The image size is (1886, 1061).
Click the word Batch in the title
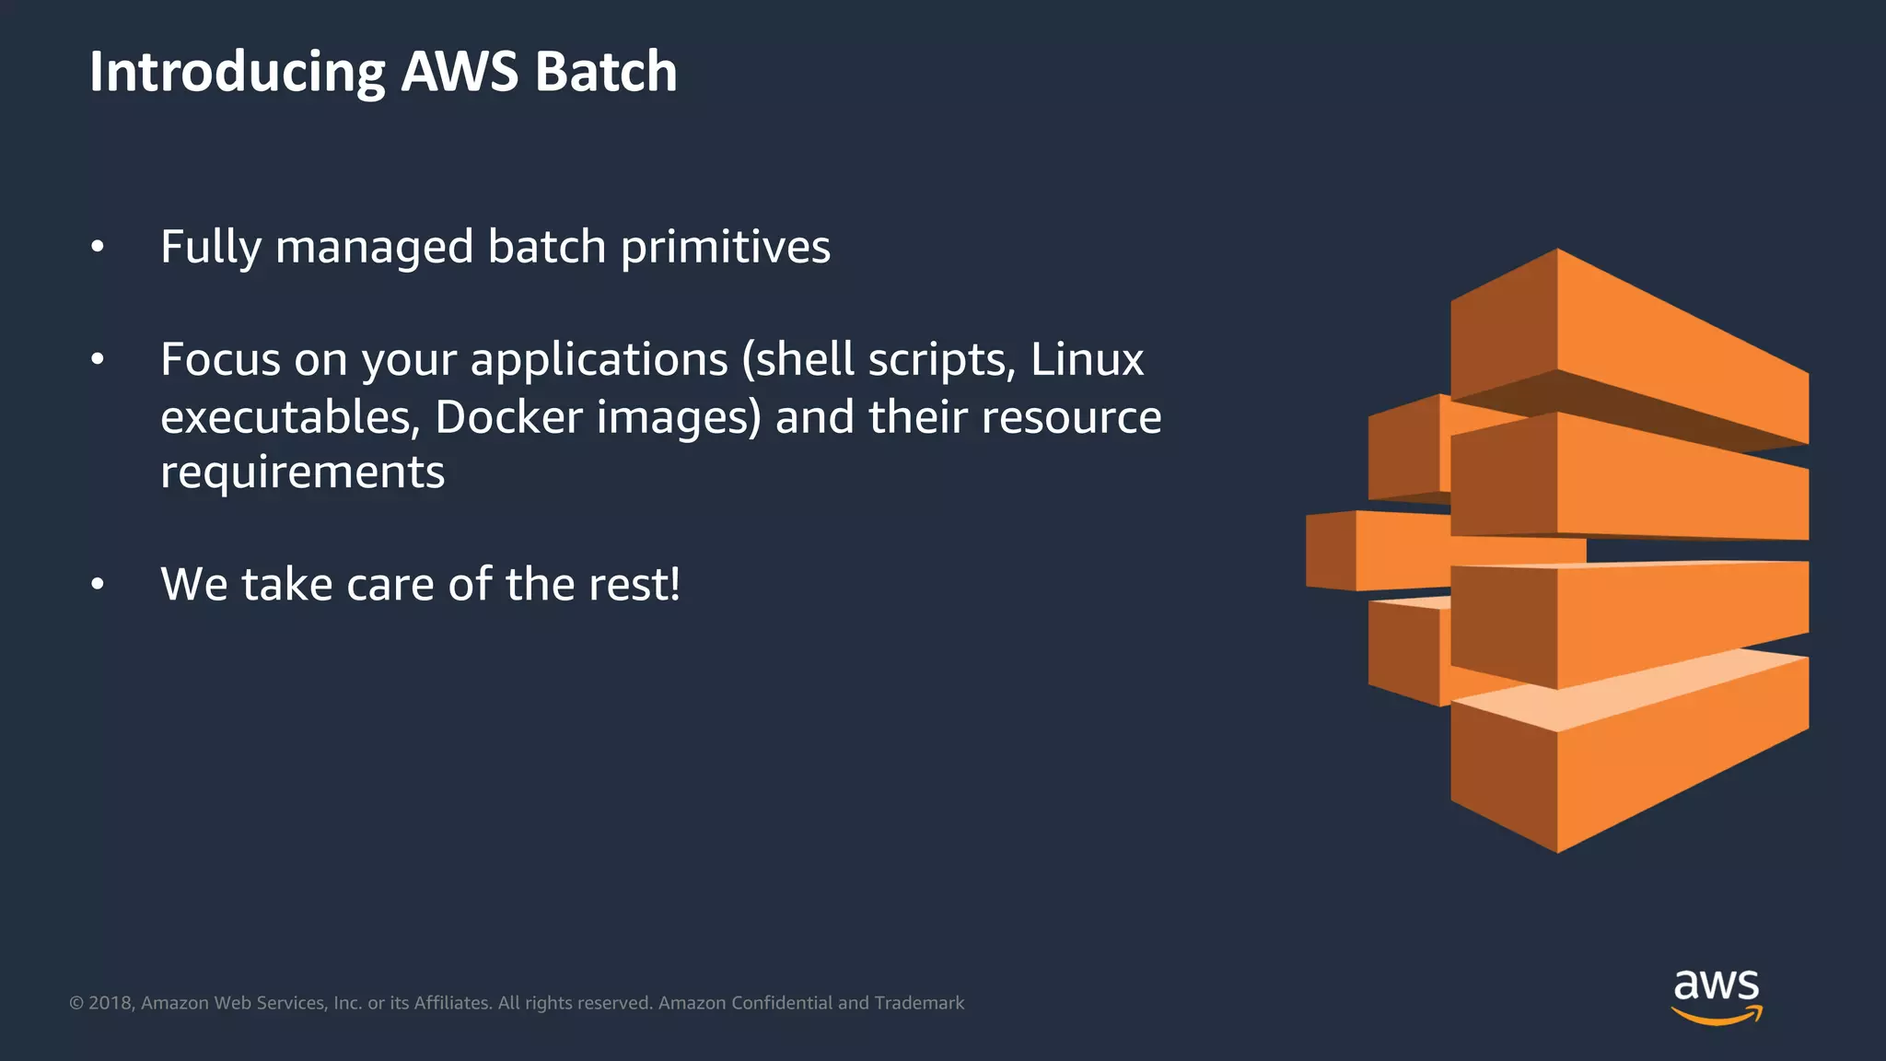pos(605,72)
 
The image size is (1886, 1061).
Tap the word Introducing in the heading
pos(238,72)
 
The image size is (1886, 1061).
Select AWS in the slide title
pos(460,72)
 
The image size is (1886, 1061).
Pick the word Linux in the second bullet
pos(1087,359)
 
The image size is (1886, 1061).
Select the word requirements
pos(302,472)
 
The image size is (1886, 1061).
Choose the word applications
pos(599,359)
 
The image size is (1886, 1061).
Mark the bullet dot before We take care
pos(98,584)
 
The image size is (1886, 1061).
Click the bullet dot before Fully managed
pos(98,247)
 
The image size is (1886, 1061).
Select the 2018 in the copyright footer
pos(111,1003)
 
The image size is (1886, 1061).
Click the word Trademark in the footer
pos(919,1003)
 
